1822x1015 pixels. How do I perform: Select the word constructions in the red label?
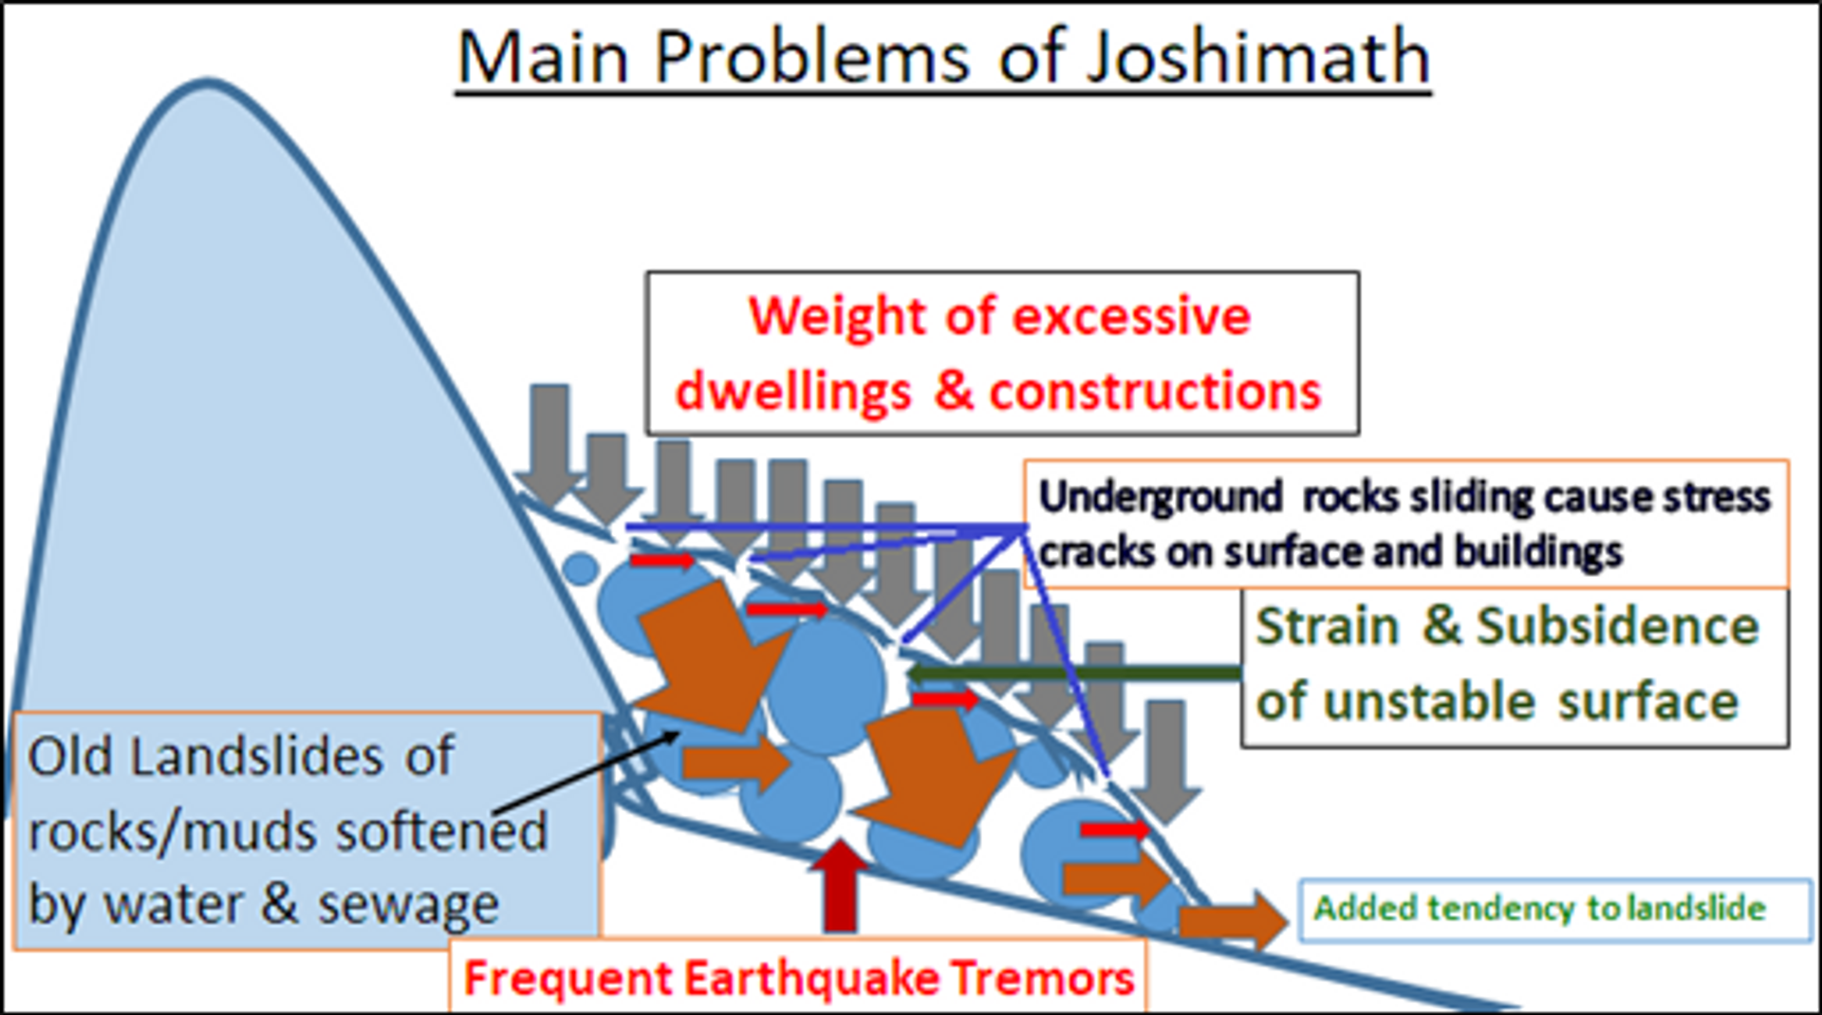click(x=1155, y=391)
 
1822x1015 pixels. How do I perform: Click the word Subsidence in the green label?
click(x=1617, y=626)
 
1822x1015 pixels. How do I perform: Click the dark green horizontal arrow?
click(x=1072, y=674)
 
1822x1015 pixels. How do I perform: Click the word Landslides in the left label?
click(x=256, y=756)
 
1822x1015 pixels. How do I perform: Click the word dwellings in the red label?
click(x=793, y=391)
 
